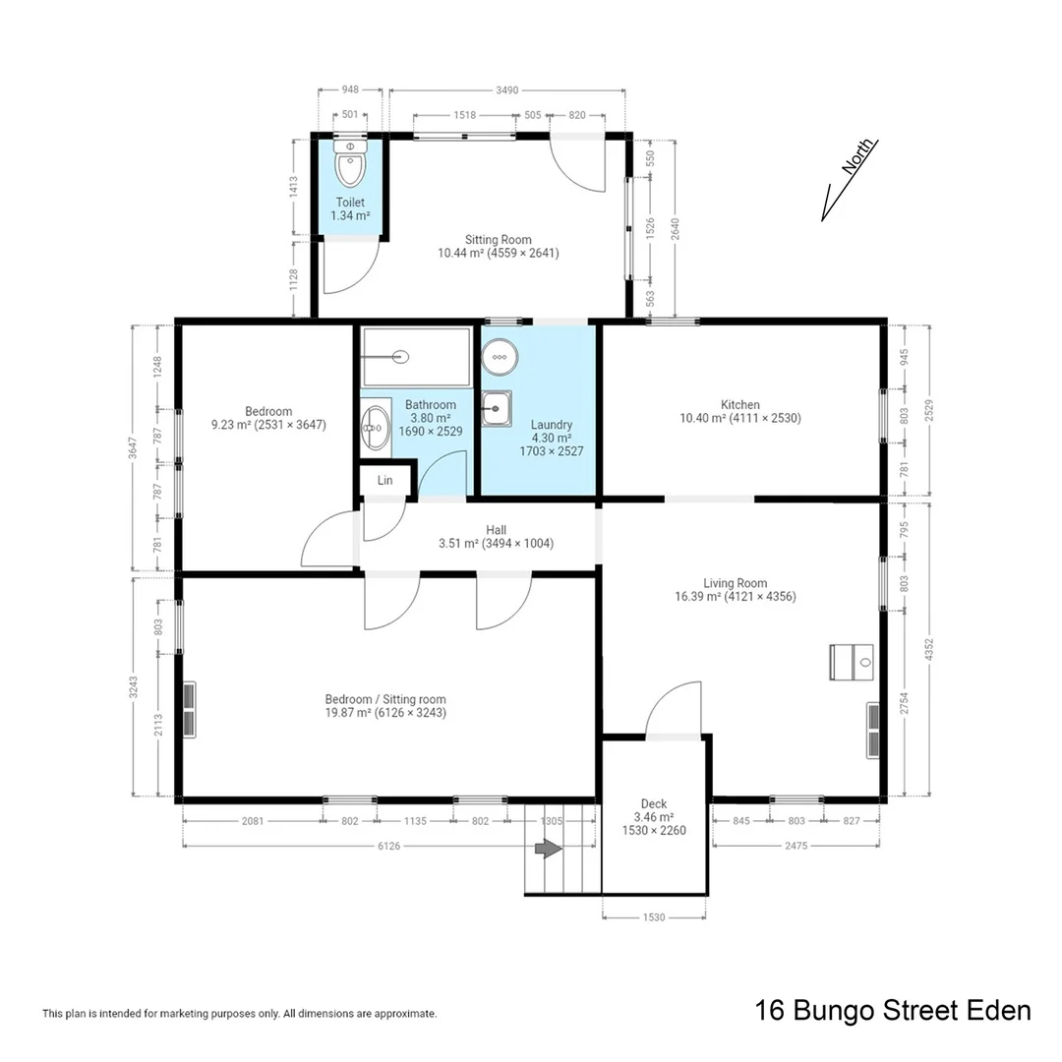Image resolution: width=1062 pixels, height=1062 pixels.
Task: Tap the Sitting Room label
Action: [x=498, y=240]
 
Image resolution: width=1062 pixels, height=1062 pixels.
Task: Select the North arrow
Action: [x=849, y=181]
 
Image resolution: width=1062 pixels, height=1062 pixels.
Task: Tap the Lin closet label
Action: [x=384, y=480]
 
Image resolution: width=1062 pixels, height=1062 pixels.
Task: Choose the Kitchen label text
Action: [x=739, y=404]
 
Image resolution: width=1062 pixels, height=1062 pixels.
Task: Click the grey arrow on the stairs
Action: [x=547, y=849]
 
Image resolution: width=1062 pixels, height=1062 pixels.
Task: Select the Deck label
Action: [x=654, y=804]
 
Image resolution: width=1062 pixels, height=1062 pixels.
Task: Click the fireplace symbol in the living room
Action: [x=851, y=662]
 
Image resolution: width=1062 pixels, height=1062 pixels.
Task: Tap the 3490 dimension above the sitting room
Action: [x=506, y=89]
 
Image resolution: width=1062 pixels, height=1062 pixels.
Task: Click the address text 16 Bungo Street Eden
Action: [x=892, y=1010]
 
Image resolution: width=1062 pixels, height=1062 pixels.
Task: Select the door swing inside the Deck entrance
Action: [x=672, y=708]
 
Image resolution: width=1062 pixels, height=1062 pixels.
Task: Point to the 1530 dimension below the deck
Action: [x=654, y=917]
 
